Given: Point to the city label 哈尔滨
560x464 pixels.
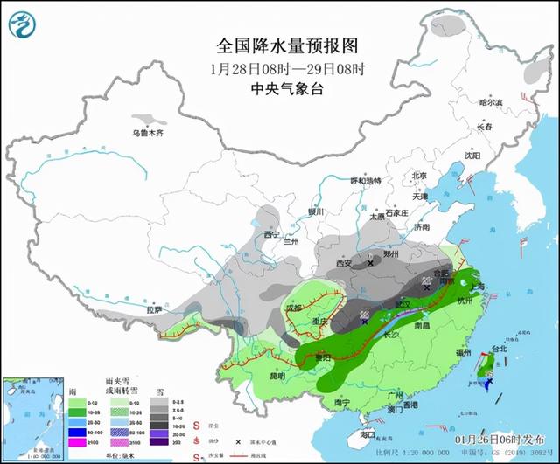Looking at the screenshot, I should point(490,102).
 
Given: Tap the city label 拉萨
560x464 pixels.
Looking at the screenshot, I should point(154,309).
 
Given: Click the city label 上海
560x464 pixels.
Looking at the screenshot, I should point(478,285).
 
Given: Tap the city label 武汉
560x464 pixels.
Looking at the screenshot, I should point(403,303).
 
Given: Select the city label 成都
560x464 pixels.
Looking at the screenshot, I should point(293,308).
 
